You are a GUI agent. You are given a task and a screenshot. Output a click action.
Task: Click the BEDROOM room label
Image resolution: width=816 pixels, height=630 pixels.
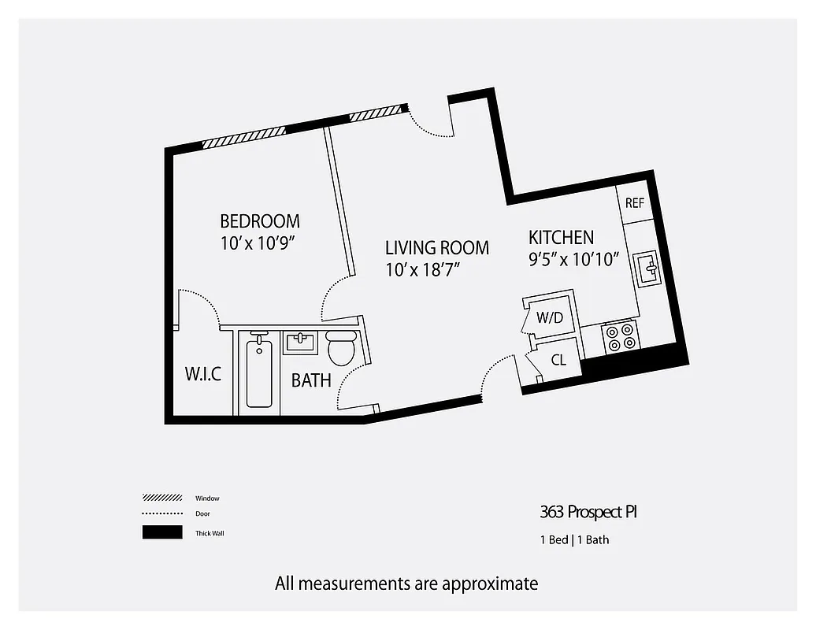(259, 221)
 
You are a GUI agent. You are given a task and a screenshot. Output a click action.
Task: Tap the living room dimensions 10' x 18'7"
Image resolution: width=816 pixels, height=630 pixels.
(422, 269)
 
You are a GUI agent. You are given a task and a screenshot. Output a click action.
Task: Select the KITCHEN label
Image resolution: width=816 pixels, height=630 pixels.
(561, 237)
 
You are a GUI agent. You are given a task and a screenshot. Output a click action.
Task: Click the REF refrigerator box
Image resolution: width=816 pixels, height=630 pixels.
(634, 203)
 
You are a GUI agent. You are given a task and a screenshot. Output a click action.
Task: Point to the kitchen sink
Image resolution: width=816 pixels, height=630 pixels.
(649, 269)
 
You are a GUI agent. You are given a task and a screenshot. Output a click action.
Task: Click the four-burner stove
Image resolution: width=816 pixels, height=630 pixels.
(621, 337)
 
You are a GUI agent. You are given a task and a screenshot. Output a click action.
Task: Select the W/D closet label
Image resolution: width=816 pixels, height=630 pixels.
(549, 318)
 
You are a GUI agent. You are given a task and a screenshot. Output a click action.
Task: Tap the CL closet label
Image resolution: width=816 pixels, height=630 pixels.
(558, 361)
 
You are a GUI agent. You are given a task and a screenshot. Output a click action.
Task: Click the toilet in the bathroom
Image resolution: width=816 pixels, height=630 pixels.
(342, 348)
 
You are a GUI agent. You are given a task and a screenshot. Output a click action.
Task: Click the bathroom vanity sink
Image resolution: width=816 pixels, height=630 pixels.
(300, 343)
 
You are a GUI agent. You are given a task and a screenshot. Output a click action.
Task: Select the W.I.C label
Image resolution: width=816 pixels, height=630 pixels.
(203, 374)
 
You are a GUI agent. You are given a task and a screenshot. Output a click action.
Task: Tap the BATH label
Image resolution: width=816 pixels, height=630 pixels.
(311, 381)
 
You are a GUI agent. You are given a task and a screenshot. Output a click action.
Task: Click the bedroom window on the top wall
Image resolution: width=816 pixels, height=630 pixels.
(243, 137)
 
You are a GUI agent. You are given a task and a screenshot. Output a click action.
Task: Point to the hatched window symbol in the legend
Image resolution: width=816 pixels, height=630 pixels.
(161, 498)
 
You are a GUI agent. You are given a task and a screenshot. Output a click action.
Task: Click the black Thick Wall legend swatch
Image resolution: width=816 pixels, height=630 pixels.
(161, 532)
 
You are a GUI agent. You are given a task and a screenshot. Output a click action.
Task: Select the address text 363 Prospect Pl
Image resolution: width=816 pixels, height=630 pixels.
(588, 513)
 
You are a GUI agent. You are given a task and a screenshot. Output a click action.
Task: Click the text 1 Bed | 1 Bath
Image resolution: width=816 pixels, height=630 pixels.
(574, 540)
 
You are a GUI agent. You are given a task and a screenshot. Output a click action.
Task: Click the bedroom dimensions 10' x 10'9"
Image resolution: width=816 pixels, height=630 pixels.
(259, 244)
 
